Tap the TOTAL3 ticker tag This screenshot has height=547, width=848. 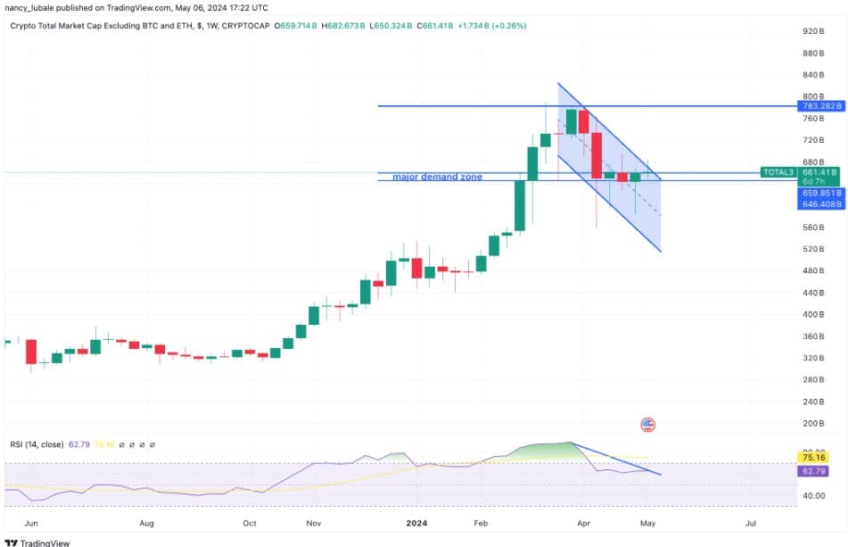(x=778, y=171)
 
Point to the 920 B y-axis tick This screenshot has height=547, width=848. (x=811, y=31)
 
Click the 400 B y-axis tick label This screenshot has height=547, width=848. (x=811, y=314)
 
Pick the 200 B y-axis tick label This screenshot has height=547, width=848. (x=811, y=424)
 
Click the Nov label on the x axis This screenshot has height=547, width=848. (x=313, y=523)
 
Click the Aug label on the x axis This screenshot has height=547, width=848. (x=147, y=523)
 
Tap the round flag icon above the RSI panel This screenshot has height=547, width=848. (x=648, y=425)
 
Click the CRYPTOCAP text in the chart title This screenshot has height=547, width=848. (x=246, y=26)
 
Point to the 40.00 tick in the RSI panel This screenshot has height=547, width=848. (x=812, y=495)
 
